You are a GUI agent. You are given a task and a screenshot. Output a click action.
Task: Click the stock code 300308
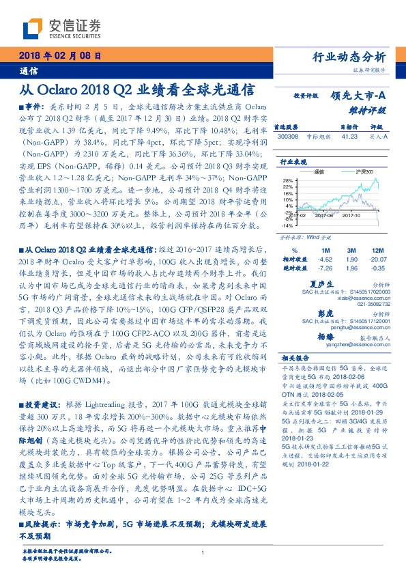288,136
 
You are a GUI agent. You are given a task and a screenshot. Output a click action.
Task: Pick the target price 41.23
349,136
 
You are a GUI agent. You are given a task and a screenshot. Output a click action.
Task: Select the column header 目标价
349,127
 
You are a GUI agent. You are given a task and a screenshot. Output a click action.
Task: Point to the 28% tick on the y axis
287,179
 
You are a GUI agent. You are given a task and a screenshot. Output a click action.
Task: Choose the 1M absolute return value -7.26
325,268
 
